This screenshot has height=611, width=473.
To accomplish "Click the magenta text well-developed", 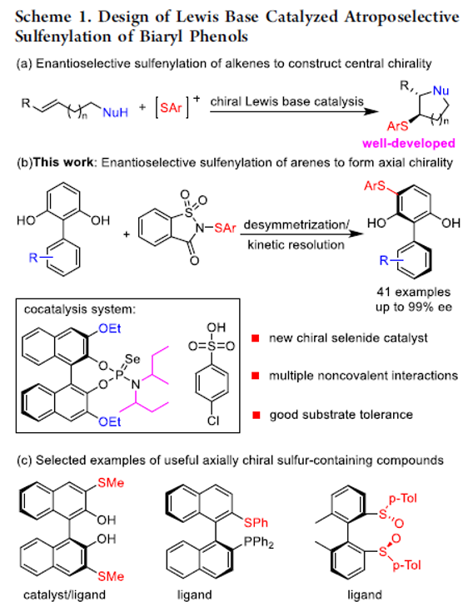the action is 409,143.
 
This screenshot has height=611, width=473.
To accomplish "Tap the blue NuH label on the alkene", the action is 116,112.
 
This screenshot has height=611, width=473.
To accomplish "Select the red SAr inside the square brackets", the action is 171,107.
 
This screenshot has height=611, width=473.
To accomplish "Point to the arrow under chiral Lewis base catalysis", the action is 294,112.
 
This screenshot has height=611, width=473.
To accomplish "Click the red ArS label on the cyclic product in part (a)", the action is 397,126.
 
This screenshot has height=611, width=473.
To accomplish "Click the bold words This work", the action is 63,162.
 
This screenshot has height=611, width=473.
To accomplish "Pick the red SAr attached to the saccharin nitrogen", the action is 225,228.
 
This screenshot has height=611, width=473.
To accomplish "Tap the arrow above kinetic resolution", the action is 301,234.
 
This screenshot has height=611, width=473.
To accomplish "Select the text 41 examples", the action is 414,292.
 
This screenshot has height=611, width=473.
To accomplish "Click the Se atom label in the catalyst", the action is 132,358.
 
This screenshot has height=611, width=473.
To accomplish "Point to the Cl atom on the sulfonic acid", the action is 213,421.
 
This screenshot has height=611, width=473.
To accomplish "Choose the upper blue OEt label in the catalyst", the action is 110,328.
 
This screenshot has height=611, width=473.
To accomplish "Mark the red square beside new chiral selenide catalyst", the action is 256,338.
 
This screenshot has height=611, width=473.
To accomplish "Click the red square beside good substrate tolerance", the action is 256,415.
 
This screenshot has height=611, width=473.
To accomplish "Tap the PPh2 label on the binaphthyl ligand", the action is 258,542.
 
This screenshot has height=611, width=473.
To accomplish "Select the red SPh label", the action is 256,522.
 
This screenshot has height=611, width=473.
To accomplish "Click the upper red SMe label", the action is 111,483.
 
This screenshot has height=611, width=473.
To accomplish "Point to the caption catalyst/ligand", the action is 64,595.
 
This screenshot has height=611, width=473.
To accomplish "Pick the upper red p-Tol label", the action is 403,498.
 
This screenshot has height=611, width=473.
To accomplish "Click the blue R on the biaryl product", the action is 385,260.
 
